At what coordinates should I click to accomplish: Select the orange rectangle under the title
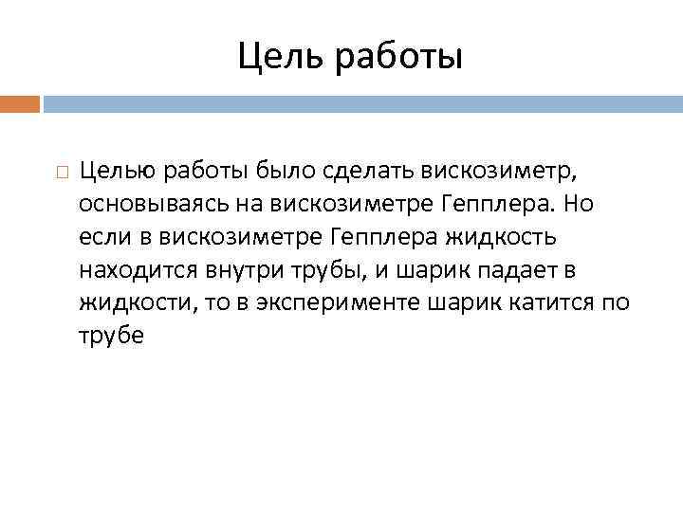[20, 102]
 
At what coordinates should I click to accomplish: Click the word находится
[138, 270]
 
